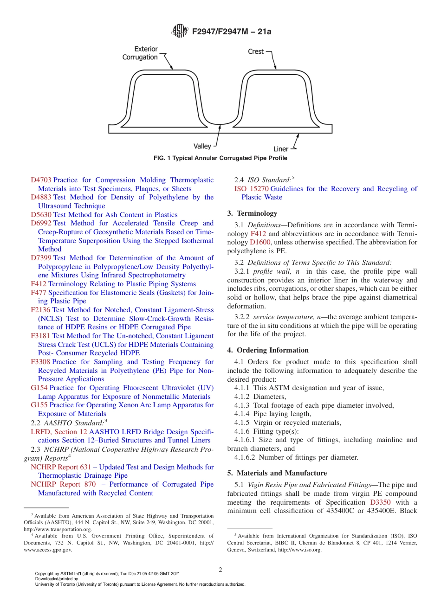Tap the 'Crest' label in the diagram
tap(256, 51)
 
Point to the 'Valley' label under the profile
tap(202, 146)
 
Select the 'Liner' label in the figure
tap(281, 149)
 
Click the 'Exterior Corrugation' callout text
tap(140, 53)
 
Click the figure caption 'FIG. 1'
tap(220, 158)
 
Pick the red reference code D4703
tap(41, 180)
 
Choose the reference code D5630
tap(41, 215)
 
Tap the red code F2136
tap(40, 310)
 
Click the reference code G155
tap(39, 405)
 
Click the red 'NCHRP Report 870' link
tap(63, 484)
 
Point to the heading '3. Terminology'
tap(252, 213)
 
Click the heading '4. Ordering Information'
tap(268, 350)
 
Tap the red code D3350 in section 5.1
tap(380, 502)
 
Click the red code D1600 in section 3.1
tap(260, 242)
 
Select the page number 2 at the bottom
tap(220, 570)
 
